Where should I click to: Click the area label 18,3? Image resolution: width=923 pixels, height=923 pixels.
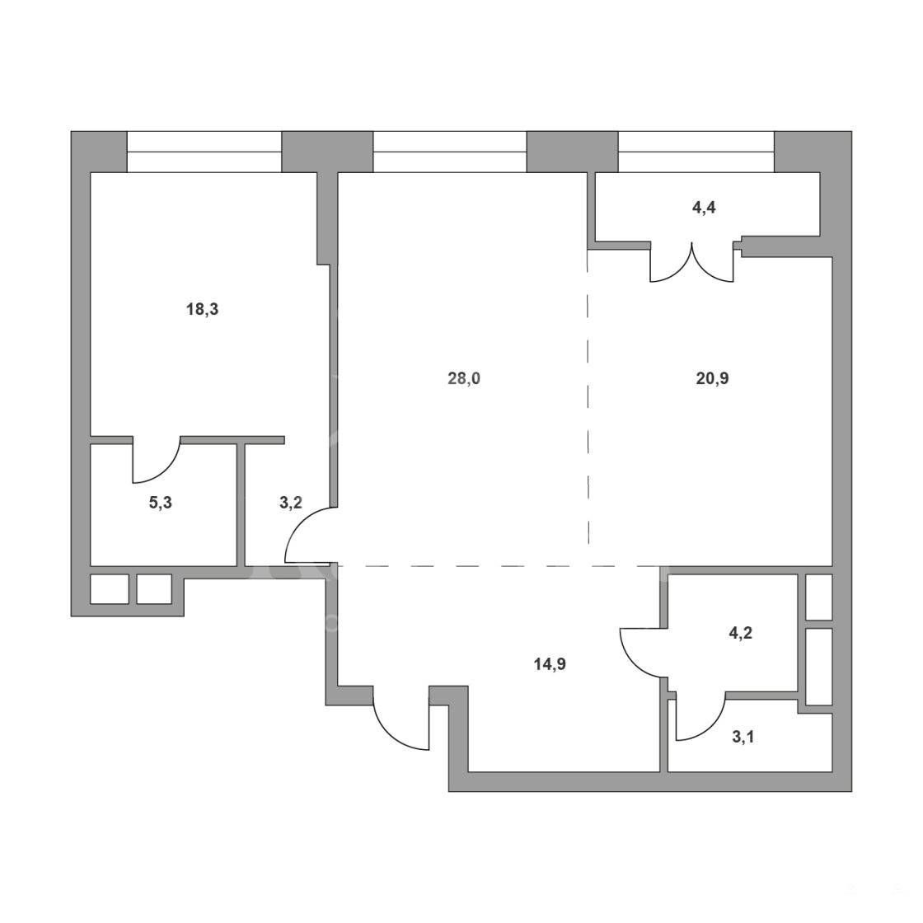[x=203, y=309]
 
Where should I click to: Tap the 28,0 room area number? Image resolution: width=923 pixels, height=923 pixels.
[x=464, y=378]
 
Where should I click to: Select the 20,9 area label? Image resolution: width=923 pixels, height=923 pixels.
[x=712, y=378]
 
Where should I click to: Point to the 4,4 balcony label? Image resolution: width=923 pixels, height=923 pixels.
[x=704, y=207]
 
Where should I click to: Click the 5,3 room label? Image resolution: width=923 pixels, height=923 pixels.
[x=160, y=503]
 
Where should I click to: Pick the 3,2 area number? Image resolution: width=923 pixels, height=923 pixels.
[x=290, y=503]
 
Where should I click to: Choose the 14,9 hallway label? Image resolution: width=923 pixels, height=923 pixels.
[x=550, y=664]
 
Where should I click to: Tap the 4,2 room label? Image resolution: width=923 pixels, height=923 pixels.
[x=741, y=633]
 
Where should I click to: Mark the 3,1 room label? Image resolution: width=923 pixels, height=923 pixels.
[x=743, y=737]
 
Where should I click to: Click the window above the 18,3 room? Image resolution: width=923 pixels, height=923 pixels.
[x=204, y=152]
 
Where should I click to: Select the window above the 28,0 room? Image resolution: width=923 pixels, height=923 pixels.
[x=450, y=152]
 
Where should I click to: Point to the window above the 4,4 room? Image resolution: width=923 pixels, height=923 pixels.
[x=696, y=152]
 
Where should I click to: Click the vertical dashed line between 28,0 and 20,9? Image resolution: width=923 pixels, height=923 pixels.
[x=588, y=406]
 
